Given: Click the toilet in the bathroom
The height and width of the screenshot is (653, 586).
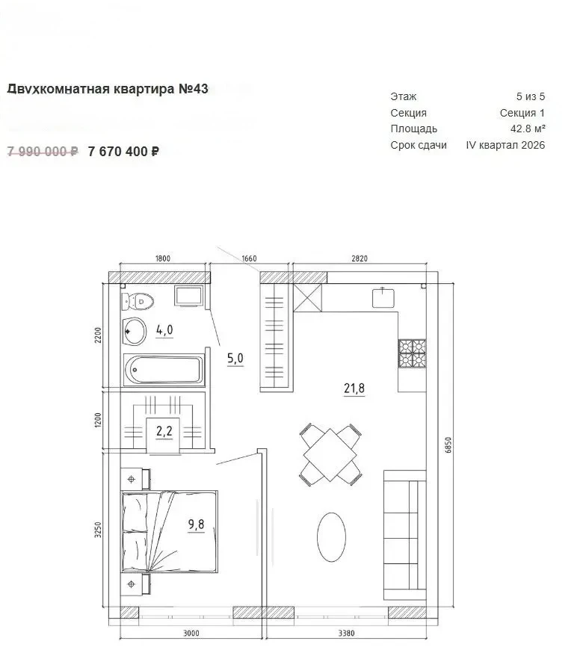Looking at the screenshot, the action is (138, 301).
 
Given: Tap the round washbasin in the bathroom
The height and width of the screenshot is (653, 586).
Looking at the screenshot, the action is (134, 331).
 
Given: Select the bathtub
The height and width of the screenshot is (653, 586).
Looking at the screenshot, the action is (164, 370).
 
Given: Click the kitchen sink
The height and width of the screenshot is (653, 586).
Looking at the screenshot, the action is (383, 297).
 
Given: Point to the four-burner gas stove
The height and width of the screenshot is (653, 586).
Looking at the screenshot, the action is (412, 353).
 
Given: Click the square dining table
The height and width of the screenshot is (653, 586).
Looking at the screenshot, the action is (330, 455).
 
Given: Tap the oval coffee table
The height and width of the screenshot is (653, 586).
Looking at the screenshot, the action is (332, 537).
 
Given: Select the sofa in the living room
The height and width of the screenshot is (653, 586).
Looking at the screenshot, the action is (405, 535).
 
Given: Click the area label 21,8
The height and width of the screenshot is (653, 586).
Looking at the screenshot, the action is (354, 389).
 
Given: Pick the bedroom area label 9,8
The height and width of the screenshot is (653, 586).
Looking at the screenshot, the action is (196, 524).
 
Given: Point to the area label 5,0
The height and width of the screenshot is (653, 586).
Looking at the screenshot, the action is (235, 358).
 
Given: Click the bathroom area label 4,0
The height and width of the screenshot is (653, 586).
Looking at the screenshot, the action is (164, 329).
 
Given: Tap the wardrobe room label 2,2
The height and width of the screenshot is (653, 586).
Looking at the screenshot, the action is (164, 431).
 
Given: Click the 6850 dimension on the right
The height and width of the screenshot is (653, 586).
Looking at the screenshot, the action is (448, 445).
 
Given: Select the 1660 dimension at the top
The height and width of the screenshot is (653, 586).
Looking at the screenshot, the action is (249, 259).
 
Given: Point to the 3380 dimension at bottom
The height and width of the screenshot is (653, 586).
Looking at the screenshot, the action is (346, 634).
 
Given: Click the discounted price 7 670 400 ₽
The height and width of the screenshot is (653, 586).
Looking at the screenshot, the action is (123, 152).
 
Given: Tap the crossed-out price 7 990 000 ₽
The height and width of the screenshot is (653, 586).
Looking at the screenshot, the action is (43, 152).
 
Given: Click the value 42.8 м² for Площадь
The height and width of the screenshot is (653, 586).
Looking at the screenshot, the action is (528, 129).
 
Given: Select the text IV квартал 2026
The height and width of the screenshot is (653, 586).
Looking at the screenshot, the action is (505, 145).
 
